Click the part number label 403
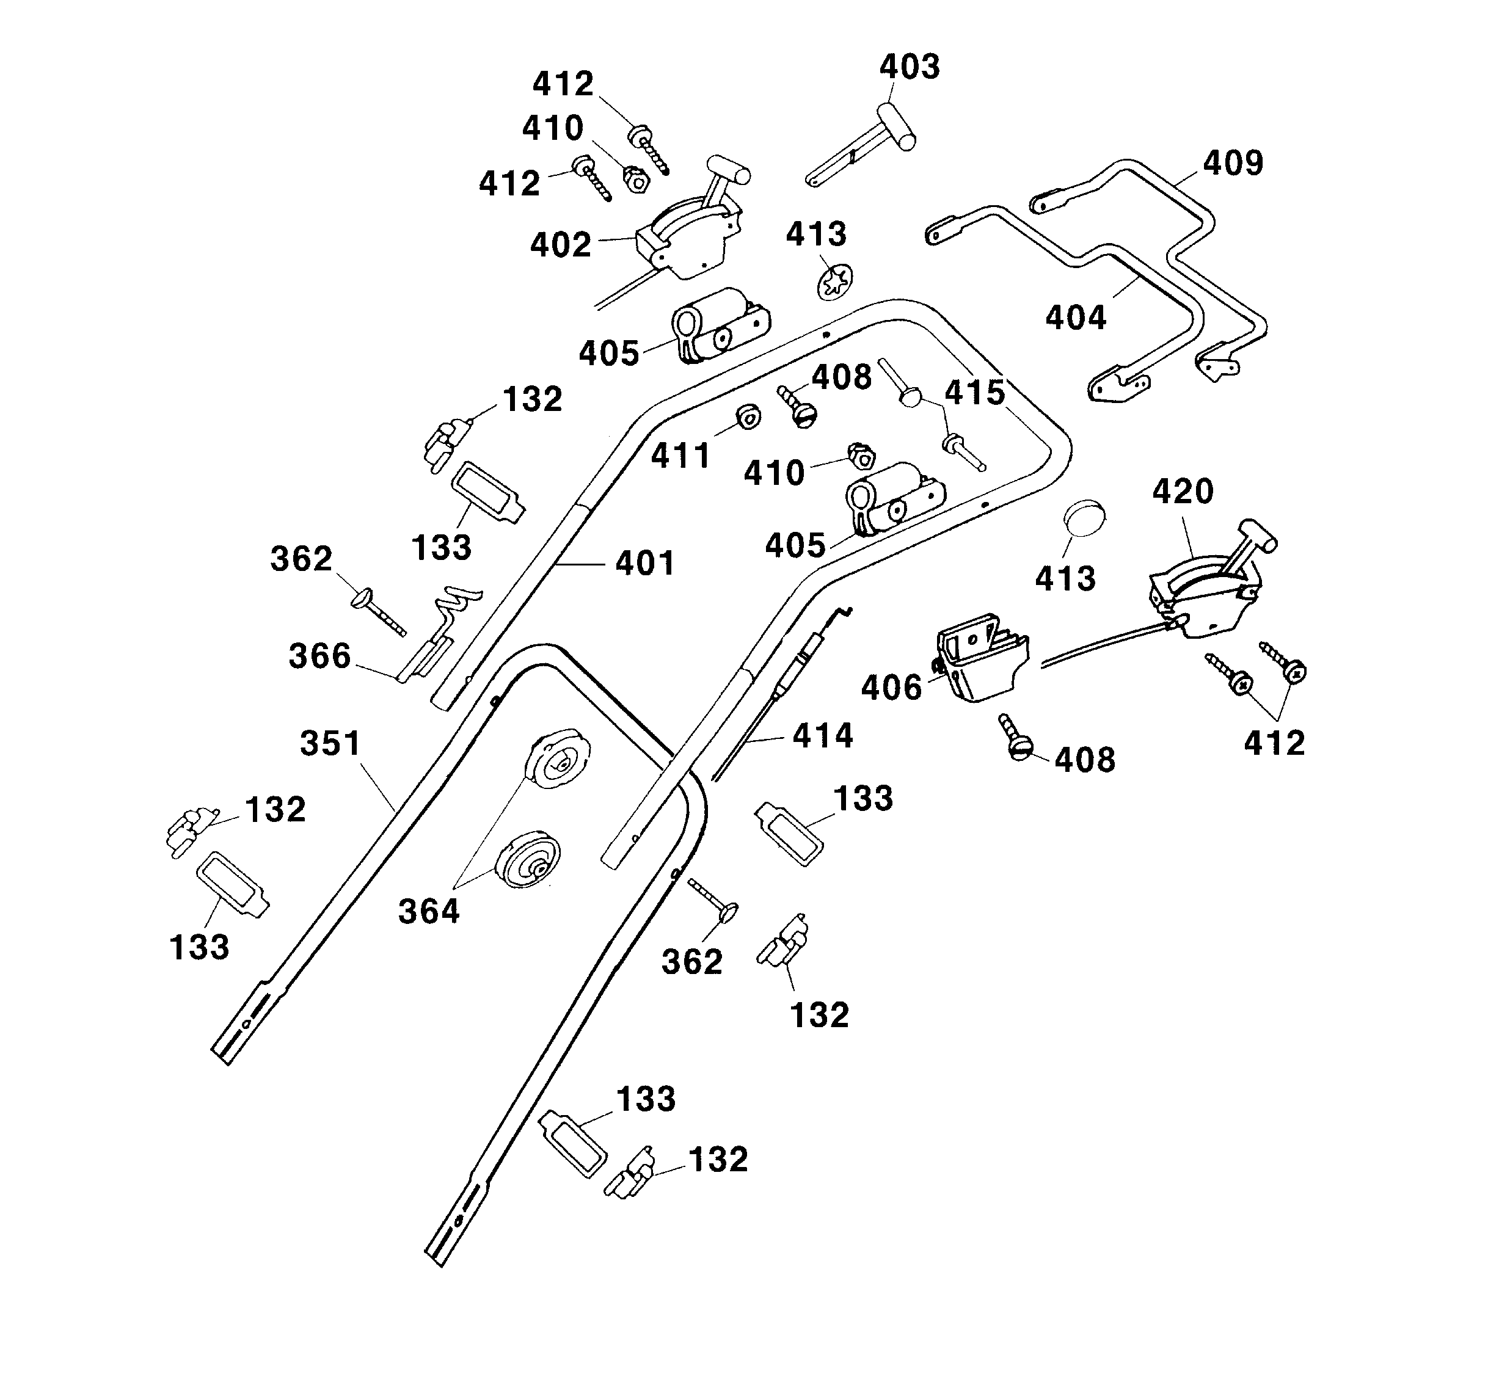point(909,67)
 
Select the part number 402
point(561,245)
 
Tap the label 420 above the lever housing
point(1183,492)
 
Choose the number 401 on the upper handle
point(644,563)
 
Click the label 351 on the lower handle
point(330,743)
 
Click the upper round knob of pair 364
point(559,762)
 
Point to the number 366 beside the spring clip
point(320,656)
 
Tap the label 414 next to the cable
point(822,736)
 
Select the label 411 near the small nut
point(680,456)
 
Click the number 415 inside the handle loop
point(974,393)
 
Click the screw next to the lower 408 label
point(1016,738)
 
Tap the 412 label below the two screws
point(1274,743)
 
